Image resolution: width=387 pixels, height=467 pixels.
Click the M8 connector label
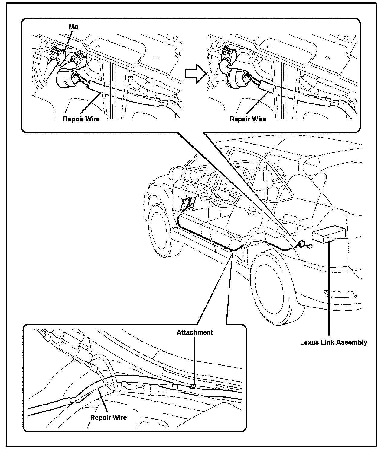click(73, 27)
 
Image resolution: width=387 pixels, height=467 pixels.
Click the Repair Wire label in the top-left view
click(81, 119)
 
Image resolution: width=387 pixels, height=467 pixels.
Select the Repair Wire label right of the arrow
click(248, 119)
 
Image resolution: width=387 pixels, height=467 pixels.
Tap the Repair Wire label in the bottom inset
click(109, 418)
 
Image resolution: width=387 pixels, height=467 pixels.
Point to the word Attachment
click(195, 332)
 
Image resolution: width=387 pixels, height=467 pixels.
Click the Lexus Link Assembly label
click(333, 342)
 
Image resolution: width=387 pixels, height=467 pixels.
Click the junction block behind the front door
click(188, 204)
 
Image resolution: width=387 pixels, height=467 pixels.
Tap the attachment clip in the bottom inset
click(193, 386)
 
